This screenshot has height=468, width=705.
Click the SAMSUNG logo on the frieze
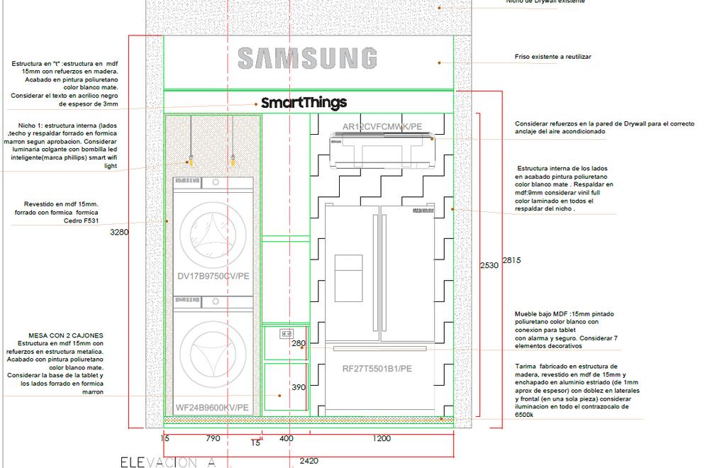[307, 58]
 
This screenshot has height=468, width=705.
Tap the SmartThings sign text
[304, 103]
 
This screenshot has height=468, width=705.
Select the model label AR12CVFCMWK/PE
[382, 127]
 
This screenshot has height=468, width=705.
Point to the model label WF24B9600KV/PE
[212, 408]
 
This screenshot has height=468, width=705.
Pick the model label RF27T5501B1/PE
[377, 369]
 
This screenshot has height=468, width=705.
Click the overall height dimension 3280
[120, 232]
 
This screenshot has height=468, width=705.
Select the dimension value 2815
[511, 260]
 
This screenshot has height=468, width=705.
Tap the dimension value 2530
[489, 265]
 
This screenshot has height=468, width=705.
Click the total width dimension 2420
[309, 461]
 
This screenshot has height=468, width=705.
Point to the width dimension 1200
[381, 439]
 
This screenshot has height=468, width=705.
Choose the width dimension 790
[213, 439]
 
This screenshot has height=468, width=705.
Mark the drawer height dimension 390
[299, 387]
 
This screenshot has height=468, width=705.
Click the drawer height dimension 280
[299, 343]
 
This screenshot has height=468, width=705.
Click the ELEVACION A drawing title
[167, 462]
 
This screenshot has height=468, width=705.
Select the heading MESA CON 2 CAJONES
[66, 335]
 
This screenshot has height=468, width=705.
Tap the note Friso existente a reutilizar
[553, 57]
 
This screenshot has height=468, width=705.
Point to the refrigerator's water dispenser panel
[348, 269]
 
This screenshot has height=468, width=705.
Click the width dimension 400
[286, 439]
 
